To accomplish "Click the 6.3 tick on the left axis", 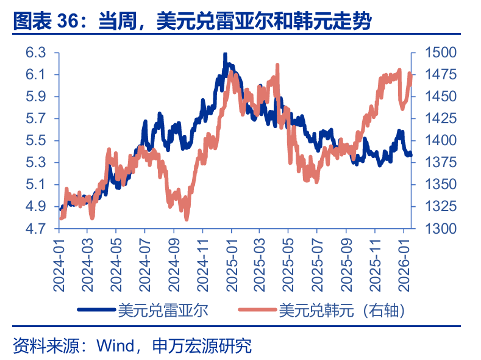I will (x=36, y=53).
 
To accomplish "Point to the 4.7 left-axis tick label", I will (x=36, y=229).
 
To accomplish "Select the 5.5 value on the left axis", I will (x=36, y=141).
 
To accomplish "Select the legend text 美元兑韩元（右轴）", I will (x=341, y=310).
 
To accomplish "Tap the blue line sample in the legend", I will (x=97, y=310).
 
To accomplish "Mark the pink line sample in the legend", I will (x=257, y=310).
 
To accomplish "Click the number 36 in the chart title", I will (x=70, y=23).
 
